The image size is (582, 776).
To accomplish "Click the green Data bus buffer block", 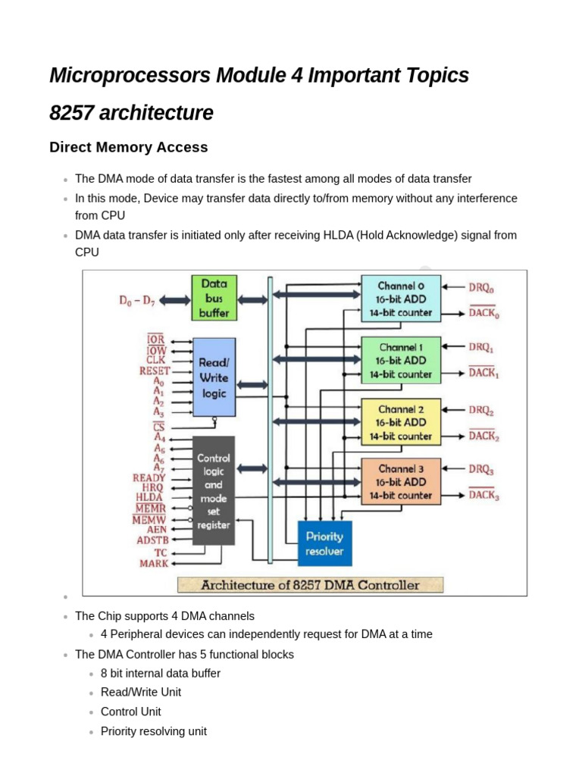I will pos(214,298).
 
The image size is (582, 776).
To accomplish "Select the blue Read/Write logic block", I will pos(214,377).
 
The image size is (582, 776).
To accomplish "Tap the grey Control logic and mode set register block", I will pos(213,490).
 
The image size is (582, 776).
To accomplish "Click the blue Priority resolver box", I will pos(324,543).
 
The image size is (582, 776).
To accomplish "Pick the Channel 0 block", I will pos(400,299).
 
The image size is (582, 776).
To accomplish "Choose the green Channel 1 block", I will pos(400,360).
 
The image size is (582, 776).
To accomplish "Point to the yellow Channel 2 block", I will pos(400,422).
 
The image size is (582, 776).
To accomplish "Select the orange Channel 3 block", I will pos(400,482).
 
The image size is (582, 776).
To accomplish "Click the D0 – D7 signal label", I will pos(137,301).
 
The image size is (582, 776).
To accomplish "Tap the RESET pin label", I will pos(154,371).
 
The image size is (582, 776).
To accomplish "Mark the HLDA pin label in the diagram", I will pos(151,497).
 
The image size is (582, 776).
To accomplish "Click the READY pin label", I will pos(149,478).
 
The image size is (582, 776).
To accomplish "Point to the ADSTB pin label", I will pos(152,540).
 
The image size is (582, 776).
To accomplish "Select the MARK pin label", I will pos(154,563).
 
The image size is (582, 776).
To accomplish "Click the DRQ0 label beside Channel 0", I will pos(480,288).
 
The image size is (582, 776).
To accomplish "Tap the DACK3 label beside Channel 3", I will pos(483,496).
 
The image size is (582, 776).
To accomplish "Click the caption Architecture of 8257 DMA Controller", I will pos(310,585).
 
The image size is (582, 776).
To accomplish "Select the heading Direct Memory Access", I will pos(128,147).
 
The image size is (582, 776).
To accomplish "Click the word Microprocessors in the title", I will pos(130,76).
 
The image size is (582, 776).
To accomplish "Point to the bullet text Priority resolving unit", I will pos(153,731).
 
